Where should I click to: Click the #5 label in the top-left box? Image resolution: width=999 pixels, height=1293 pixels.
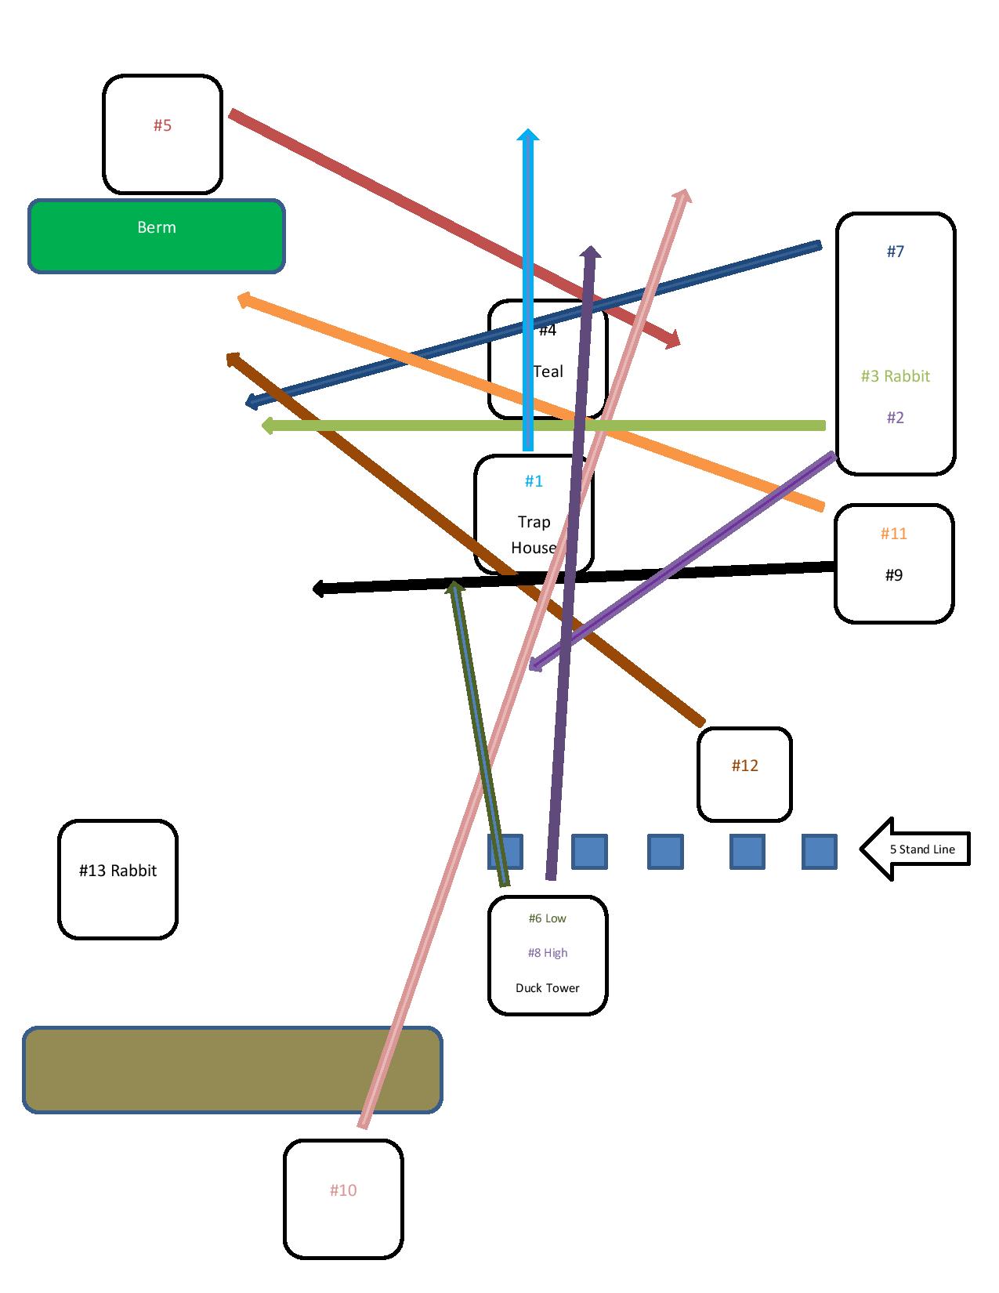pos(162,125)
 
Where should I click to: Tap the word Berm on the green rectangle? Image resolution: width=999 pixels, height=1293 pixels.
pos(157,227)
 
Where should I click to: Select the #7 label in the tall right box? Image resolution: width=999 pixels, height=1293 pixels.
pos(896,251)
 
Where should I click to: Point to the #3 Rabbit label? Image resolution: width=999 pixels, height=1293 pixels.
pos(895,376)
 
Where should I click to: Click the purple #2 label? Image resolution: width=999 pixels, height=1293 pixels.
pos(896,418)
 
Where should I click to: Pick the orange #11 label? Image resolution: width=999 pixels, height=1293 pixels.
pos(894,534)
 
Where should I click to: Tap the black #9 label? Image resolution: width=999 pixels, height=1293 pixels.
pos(894,575)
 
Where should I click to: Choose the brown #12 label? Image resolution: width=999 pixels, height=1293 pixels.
pos(745,766)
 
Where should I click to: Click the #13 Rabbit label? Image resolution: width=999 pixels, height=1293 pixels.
pos(118,871)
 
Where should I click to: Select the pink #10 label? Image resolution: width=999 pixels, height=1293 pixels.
pos(343,1190)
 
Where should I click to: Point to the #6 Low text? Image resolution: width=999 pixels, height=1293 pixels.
pos(547,918)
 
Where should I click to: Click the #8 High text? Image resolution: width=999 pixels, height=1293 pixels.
pos(547,953)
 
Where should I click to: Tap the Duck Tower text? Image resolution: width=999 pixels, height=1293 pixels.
pos(547,988)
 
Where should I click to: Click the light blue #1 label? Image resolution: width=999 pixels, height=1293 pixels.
pos(534,481)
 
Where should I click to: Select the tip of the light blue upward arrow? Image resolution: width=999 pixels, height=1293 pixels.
pos(528,133)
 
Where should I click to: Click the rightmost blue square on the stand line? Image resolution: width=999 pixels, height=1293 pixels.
pos(819,852)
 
